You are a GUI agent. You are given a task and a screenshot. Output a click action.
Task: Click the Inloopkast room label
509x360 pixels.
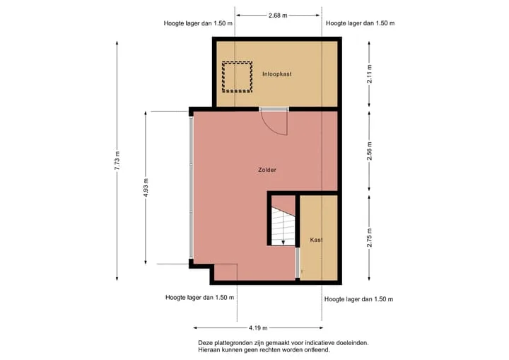tap(277, 74)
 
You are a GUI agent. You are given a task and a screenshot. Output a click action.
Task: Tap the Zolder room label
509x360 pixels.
tap(267, 170)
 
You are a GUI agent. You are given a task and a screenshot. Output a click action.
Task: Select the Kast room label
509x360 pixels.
tap(316, 240)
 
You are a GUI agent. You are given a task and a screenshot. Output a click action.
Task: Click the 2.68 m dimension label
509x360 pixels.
tap(278, 16)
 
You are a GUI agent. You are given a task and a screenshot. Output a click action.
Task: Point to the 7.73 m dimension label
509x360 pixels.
tap(117, 161)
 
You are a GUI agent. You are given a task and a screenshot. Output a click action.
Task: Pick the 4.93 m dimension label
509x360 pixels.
tap(146, 188)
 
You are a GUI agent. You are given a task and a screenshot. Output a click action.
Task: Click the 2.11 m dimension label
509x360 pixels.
tap(370, 74)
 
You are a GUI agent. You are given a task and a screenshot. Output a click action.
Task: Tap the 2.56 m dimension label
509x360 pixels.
tap(370, 151)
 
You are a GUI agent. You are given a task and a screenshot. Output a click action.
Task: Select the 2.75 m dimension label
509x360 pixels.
tap(370, 238)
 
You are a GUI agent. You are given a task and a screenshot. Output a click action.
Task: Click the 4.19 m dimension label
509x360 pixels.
tap(259, 328)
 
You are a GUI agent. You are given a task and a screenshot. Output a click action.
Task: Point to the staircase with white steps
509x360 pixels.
tap(283, 226)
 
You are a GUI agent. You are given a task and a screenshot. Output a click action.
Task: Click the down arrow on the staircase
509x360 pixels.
tap(283, 242)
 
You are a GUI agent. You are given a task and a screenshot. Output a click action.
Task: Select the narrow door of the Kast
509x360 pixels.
tap(297, 263)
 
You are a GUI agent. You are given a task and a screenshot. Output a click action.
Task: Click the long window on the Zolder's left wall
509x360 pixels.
tap(191, 188)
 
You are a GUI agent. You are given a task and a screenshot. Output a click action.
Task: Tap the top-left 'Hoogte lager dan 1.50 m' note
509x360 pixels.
tap(198, 23)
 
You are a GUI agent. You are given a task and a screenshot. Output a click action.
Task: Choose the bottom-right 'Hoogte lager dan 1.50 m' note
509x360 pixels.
tap(358, 299)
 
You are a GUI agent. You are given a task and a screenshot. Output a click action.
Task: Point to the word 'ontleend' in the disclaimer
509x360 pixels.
tap(319, 350)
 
